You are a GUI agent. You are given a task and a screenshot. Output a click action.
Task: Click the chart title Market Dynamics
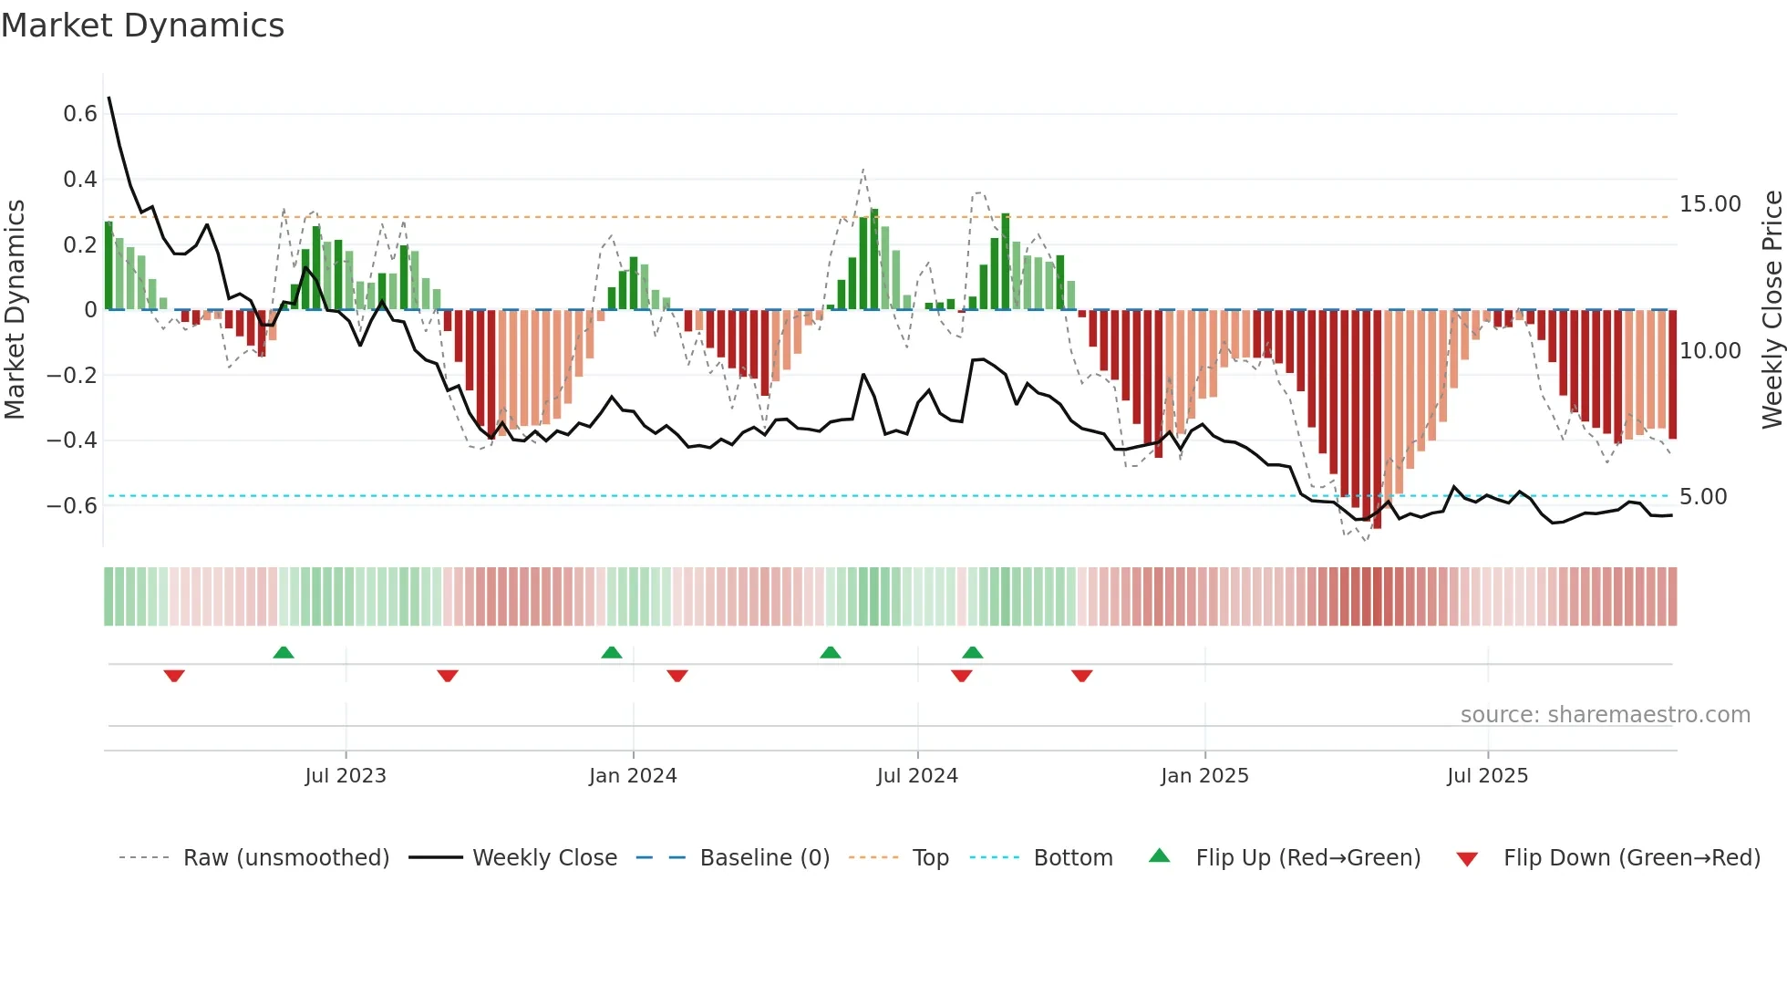point(143,26)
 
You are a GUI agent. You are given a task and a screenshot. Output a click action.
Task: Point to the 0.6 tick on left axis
point(80,114)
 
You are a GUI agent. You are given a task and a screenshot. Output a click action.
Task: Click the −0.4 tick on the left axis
point(72,440)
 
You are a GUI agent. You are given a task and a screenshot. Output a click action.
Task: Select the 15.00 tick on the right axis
point(1710,204)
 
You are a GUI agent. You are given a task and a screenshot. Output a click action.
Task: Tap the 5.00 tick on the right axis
point(1703,497)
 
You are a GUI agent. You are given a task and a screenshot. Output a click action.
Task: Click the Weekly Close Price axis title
point(1772,310)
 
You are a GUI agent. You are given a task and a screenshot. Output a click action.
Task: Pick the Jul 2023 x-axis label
point(346,776)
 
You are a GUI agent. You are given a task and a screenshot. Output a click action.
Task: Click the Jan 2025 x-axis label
point(1204,776)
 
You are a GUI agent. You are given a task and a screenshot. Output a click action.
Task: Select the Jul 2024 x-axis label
point(917,776)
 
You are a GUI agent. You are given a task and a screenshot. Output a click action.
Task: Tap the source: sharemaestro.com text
point(1605,715)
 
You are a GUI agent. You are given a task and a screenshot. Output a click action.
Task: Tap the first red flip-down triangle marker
point(174,675)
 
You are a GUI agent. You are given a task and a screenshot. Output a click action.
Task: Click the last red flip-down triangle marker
point(1082,675)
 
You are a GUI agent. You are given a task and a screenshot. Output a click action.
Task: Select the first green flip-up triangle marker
point(284,653)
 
